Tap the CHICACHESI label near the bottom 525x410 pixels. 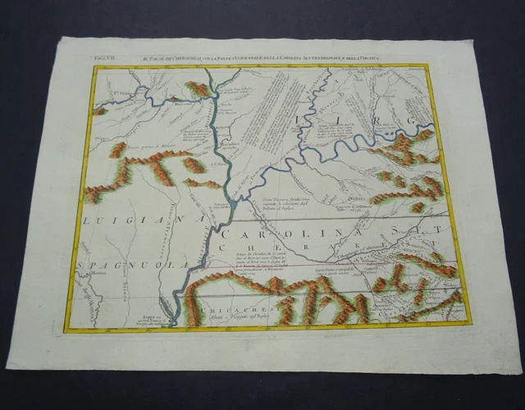click(221, 311)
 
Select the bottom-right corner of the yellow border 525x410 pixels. click(475, 321)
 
